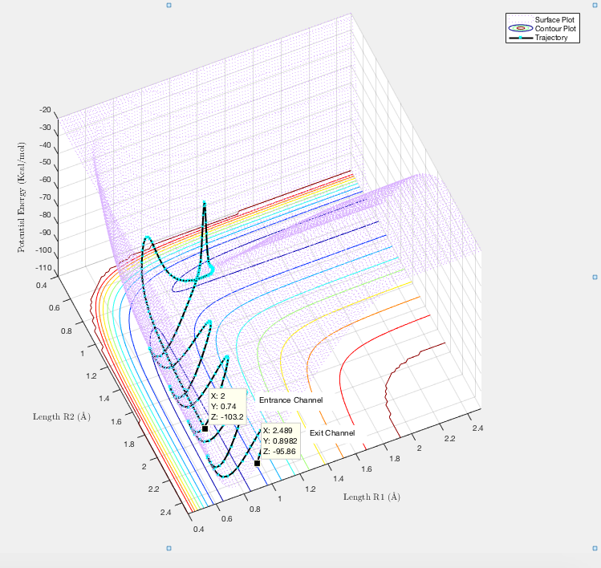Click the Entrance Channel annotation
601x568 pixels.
(290, 400)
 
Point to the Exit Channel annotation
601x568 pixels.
(332, 432)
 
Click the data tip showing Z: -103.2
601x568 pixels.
(226, 405)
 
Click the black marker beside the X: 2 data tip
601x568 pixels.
(205, 428)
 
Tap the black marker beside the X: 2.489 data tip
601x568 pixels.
(257, 463)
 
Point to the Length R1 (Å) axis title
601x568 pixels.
(372, 497)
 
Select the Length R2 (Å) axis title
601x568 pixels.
(61, 416)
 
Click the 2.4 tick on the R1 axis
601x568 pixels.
(478, 428)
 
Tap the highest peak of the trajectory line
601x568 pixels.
(205, 203)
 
